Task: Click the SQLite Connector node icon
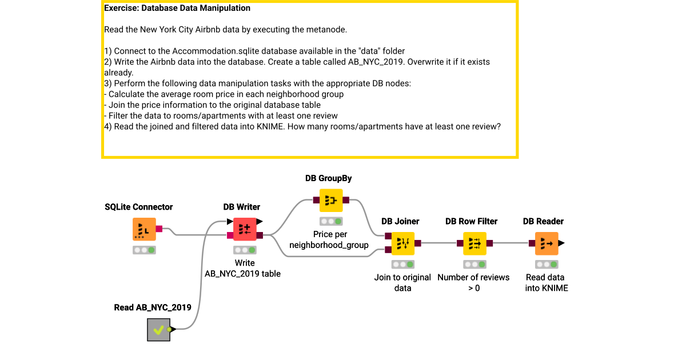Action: (144, 229)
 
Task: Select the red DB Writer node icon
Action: (244, 229)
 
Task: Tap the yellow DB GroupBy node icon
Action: (331, 201)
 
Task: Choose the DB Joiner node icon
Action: (403, 243)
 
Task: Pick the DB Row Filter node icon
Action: (474, 243)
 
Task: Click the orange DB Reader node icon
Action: (547, 243)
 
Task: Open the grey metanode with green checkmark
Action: (158, 329)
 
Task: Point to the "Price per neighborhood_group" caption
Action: (330, 239)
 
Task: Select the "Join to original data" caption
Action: (402, 282)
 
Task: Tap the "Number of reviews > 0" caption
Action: (473, 282)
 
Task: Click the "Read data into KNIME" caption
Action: (547, 282)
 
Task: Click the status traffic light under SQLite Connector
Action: (144, 250)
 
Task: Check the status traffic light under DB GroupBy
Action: (331, 221)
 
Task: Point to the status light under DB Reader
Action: (547, 264)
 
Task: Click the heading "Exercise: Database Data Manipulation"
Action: (177, 9)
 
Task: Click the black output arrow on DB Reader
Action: (561, 243)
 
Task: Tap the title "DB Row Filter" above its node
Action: (471, 221)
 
